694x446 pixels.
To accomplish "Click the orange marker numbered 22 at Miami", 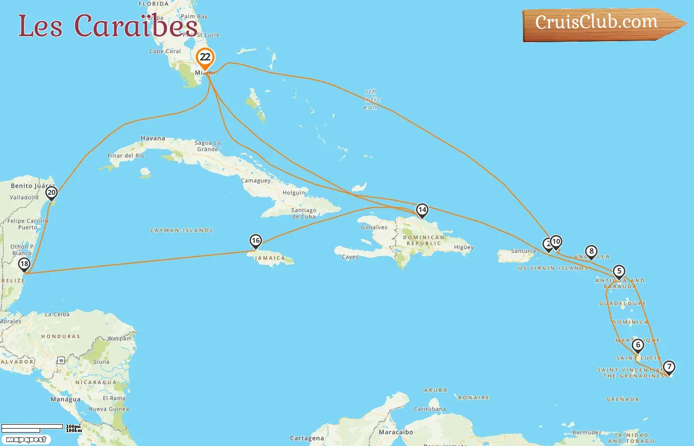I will click(205, 57).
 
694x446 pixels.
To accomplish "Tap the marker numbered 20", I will click(52, 193).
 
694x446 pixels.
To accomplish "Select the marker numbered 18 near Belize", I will click(24, 264).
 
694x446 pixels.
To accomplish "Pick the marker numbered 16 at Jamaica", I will click(255, 241).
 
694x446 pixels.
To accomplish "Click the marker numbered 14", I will click(422, 210).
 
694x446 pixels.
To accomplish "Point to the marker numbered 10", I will click(556, 242).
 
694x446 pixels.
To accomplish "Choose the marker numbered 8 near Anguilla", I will click(591, 252).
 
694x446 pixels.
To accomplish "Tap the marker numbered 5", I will click(619, 272).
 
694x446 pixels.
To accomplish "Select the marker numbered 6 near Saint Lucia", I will click(638, 345).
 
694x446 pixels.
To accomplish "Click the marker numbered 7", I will click(669, 367).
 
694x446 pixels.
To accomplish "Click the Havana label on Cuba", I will click(153, 139).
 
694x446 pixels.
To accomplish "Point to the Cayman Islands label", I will click(181, 230).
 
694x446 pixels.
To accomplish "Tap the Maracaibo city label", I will click(396, 432).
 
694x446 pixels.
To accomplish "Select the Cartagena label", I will click(307, 439).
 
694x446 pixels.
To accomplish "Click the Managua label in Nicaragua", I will click(65, 399).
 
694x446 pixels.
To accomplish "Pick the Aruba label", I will click(436, 390).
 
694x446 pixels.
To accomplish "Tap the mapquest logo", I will click(26, 440).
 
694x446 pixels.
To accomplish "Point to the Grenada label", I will click(623, 399).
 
